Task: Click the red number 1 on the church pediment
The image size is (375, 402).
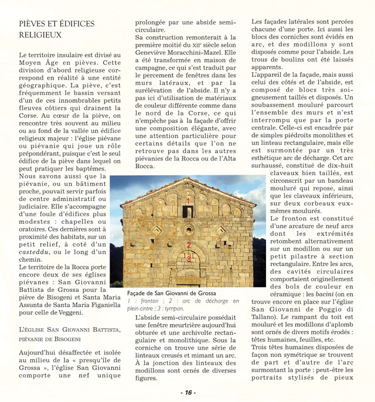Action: tap(189, 200)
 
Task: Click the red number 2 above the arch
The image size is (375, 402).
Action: tap(189, 246)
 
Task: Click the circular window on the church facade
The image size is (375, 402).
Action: tap(189, 229)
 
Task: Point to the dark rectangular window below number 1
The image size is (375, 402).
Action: tap(189, 212)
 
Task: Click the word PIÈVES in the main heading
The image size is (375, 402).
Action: tap(34, 24)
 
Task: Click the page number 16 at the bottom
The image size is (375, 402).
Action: tap(187, 392)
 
